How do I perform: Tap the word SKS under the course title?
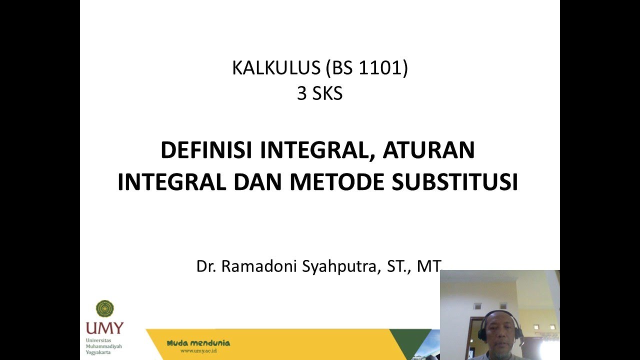[327, 93]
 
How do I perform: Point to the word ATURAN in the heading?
[428, 150]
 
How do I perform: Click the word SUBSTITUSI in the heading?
[454, 182]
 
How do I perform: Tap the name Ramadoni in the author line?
[259, 266]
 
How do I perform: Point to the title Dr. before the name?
[206, 266]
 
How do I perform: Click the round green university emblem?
[105, 309]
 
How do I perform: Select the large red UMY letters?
[104, 328]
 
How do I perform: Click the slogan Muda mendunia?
[198, 343]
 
